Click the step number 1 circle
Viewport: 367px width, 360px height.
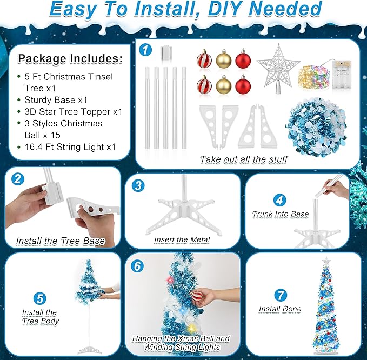point(145,50)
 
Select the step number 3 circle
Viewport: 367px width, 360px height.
point(139,185)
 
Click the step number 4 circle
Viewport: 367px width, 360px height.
point(279,199)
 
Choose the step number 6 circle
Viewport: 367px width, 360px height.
point(139,266)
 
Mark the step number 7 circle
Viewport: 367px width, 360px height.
point(279,295)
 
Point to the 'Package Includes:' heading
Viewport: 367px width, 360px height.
point(70,58)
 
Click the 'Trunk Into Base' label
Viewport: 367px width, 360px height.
point(280,214)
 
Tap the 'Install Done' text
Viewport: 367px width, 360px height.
point(279,309)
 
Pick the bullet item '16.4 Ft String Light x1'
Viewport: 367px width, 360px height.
point(69,147)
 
